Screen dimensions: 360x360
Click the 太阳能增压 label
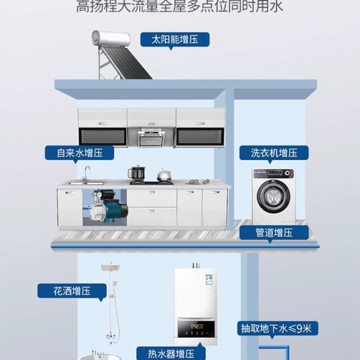pyautogui.click(x=175, y=40)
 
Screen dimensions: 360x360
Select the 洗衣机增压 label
pyautogui.click(x=274, y=152)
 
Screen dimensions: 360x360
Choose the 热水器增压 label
pyautogui.click(x=172, y=353)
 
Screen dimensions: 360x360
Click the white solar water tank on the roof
pyautogui.click(x=110, y=39)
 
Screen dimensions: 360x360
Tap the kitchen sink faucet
pyautogui.click(x=86, y=174)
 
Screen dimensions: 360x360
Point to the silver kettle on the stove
pyautogui.click(x=163, y=175)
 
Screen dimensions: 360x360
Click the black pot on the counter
pyautogui.click(x=137, y=173)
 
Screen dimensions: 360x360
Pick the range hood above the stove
pyautogui.click(x=151, y=137)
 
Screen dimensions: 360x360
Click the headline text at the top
pyautogui.click(x=179, y=7)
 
